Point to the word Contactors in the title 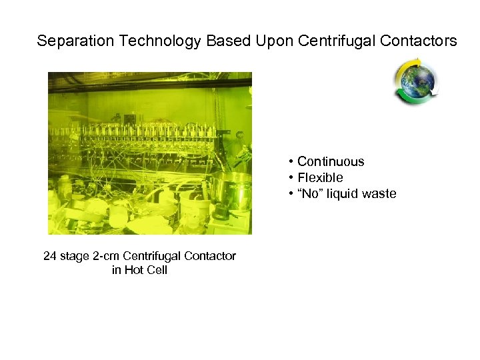tap(419, 41)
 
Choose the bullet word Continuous tap(331, 161)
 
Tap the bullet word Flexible tap(320, 178)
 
